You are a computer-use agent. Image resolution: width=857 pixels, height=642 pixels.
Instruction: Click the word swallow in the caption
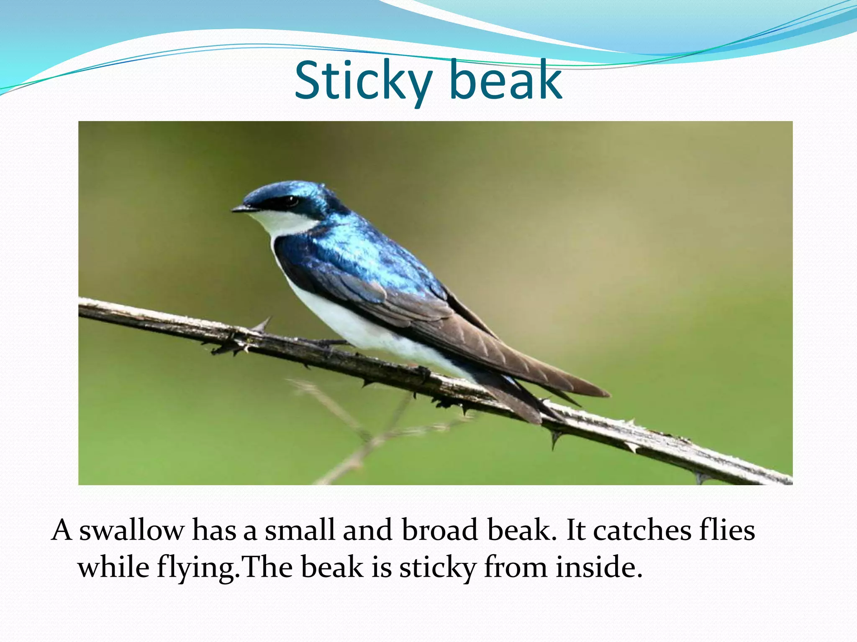(131, 530)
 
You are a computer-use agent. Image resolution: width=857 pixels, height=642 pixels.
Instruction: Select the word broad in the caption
(440, 530)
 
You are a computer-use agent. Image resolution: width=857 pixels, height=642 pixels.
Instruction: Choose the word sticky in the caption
(438, 568)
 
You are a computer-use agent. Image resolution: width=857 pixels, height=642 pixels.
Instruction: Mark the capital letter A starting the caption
(62, 530)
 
